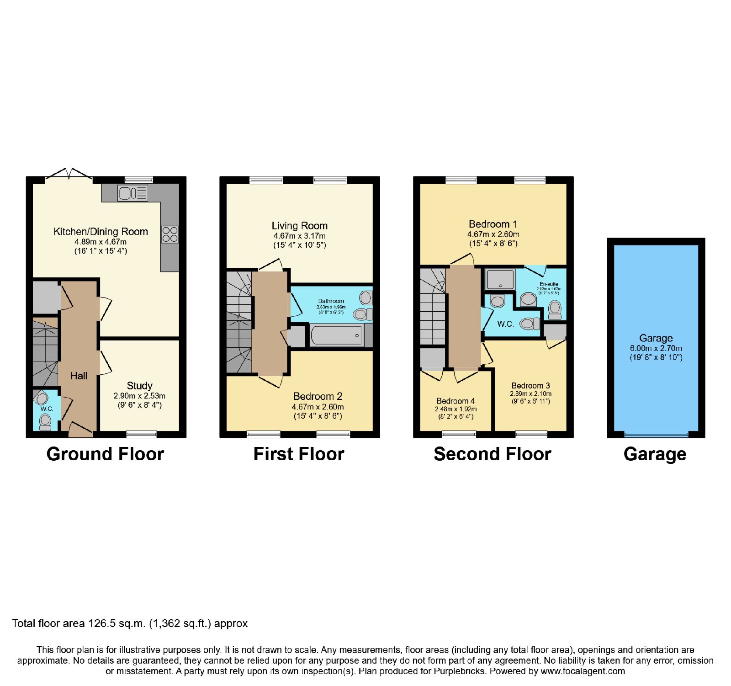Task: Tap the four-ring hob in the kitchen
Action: click(x=170, y=234)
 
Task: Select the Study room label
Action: click(x=140, y=386)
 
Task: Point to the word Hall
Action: click(x=79, y=376)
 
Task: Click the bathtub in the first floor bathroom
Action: click(x=337, y=335)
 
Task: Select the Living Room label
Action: click(x=300, y=226)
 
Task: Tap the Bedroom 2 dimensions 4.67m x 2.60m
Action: click(x=318, y=407)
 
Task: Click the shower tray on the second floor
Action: click(x=500, y=279)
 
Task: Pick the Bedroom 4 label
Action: click(x=456, y=401)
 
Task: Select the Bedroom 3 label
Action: click(x=531, y=386)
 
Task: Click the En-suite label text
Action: click(x=549, y=284)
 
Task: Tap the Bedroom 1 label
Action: click(x=493, y=224)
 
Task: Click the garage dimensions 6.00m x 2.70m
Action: click(x=656, y=348)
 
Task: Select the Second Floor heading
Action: click(x=493, y=454)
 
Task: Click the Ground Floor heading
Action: click(x=105, y=454)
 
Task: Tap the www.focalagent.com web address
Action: click(x=583, y=671)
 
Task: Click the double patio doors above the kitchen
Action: click(x=69, y=174)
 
